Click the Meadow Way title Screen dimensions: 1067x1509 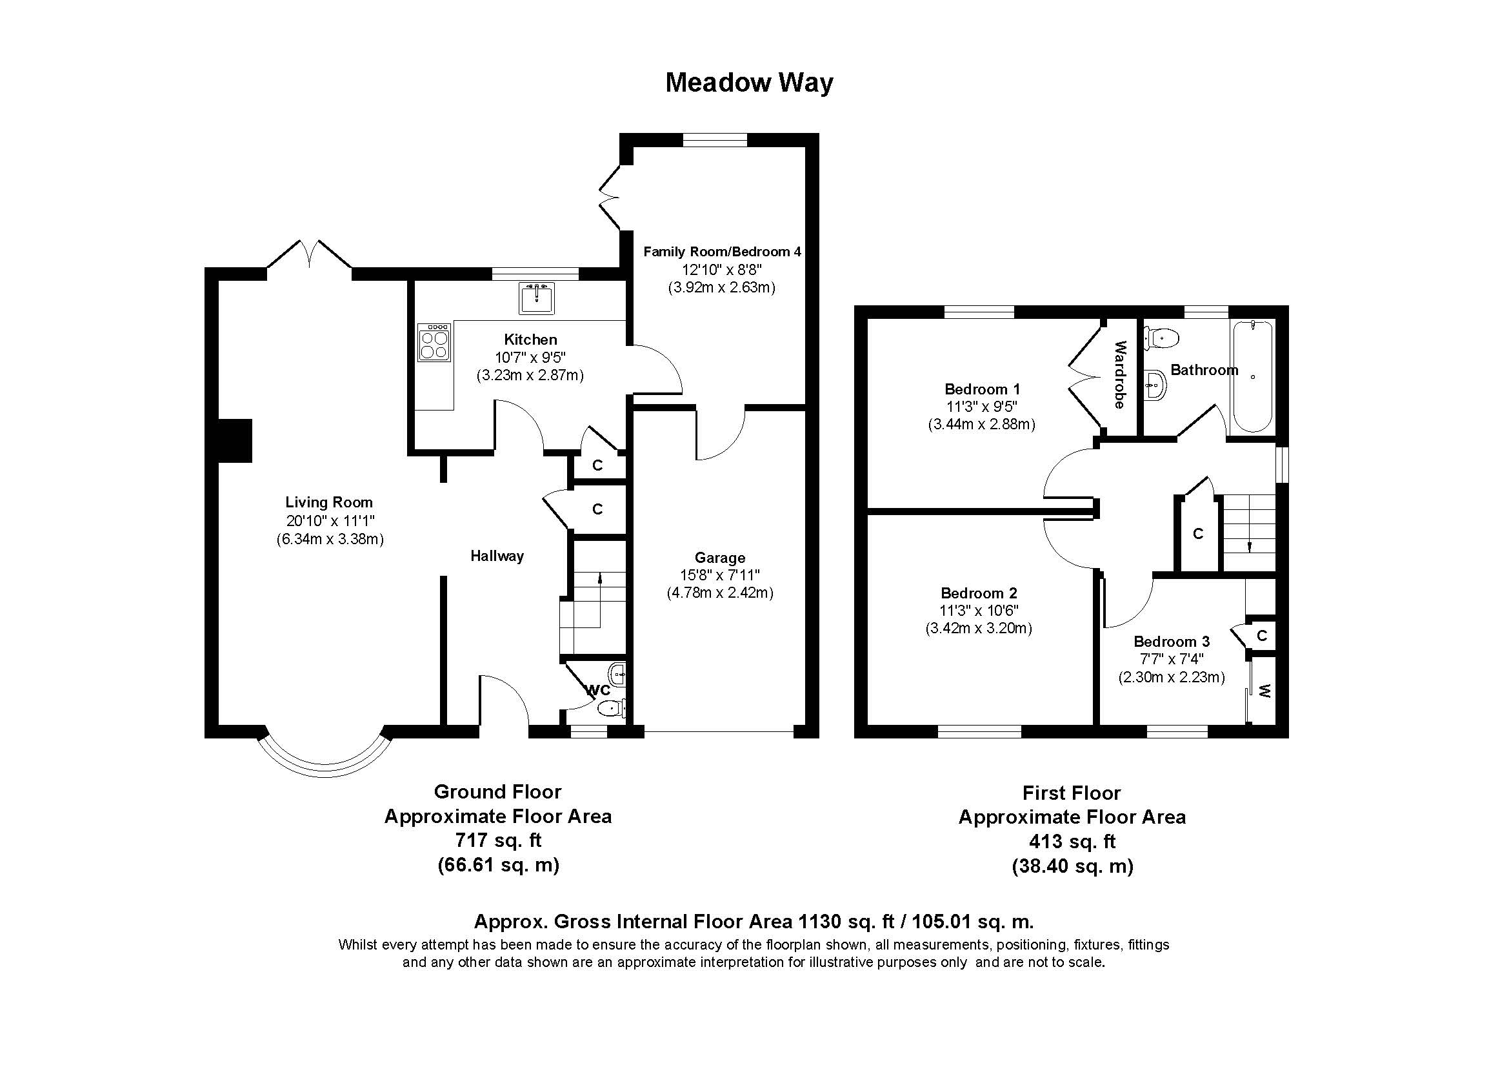pos(748,83)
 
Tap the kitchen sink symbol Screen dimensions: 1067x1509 pos(537,298)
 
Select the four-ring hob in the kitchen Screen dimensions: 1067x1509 pos(434,341)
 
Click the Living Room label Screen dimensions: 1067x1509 pos(328,502)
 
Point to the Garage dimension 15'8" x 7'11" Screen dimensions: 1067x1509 pos(720,575)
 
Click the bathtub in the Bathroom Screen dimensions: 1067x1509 pos(1253,376)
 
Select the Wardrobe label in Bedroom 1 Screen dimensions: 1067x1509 pos(1120,375)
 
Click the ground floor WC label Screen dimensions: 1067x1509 pos(597,690)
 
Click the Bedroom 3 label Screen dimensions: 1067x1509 pos(1171,642)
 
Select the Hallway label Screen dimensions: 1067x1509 pos(497,556)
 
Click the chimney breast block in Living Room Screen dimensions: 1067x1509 pos(235,440)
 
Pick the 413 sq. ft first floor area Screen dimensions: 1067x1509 pos(1072,842)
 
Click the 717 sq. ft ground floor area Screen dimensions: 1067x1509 pos(497,840)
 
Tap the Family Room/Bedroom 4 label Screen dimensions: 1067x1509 pos(722,252)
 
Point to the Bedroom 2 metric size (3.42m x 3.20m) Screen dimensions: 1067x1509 pos(979,629)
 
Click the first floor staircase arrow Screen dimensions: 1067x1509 pos(1250,544)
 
